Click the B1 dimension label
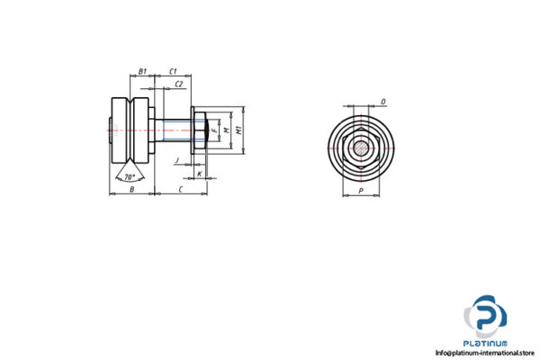click(x=142, y=69)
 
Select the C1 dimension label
click(x=175, y=69)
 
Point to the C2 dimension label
click(x=179, y=83)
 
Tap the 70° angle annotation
click(x=130, y=176)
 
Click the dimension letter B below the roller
click(x=131, y=190)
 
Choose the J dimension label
click(x=179, y=159)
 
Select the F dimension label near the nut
click(x=214, y=130)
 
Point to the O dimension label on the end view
click(x=383, y=102)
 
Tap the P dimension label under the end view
click(x=361, y=191)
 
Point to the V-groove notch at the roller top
click(x=131, y=98)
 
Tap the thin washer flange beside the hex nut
click(x=193, y=131)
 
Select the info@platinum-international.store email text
click(x=483, y=352)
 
